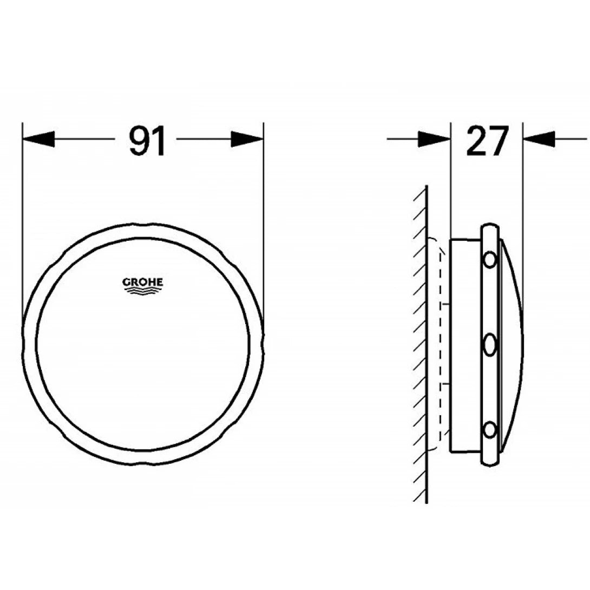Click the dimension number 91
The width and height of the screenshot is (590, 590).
point(147,141)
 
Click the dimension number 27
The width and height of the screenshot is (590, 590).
point(487,141)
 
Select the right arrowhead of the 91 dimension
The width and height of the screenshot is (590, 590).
point(247,140)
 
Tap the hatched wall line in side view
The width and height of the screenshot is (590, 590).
point(427,346)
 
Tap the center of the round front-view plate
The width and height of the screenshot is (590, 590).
point(143,345)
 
